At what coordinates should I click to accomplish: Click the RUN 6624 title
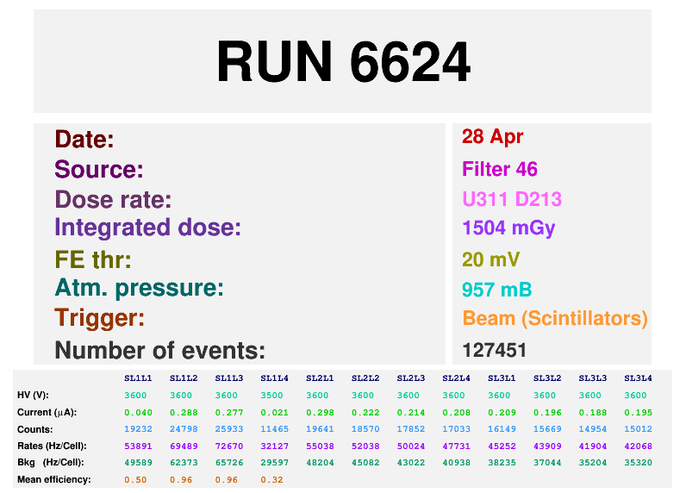pos(343,62)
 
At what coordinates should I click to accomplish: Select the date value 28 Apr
pos(492,137)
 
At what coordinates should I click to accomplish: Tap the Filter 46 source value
pos(500,169)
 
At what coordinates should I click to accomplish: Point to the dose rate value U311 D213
pos(512,200)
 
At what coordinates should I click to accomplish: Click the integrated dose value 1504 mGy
pos(508,228)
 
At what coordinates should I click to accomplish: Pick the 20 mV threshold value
pos(491,259)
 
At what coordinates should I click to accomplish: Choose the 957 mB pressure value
pos(496,289)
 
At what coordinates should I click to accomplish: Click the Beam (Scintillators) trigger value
pos(554,318)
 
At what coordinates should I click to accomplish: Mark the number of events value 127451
pos(494,350)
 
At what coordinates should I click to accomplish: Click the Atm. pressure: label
pos(139,289)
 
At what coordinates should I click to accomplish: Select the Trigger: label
pos(99,318)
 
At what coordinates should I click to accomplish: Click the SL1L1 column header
pos(138,378)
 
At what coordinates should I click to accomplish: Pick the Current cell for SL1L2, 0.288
pos(184,412)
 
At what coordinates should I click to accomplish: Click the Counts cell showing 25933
pos(229,428)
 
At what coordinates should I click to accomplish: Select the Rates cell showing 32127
pos(274,446)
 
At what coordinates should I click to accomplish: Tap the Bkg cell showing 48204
pos(320,462)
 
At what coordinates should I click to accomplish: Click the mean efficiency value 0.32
pos(274,479)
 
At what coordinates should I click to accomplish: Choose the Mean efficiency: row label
pos(54,479)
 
